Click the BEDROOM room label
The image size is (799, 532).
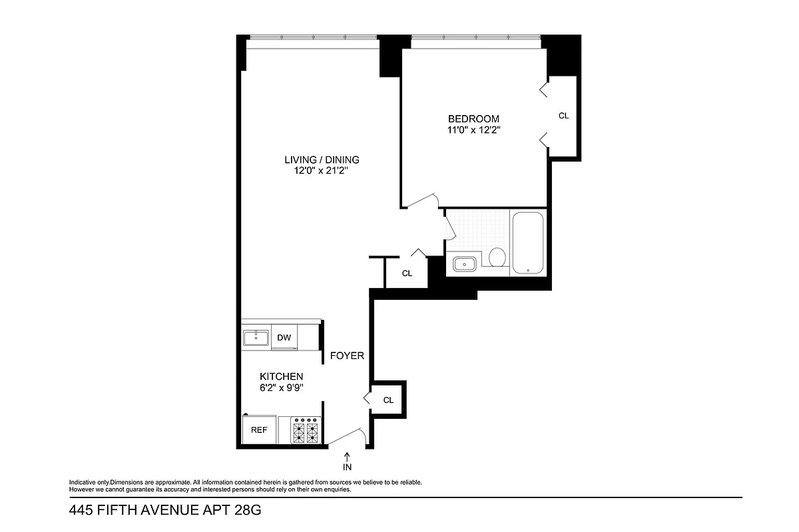[473, 119]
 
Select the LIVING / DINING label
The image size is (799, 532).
[322, 160]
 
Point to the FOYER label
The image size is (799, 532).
[348, 356]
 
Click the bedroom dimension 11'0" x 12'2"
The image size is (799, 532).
[473, 130]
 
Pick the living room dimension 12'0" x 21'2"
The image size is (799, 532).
[322, 171]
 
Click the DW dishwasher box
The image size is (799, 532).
[284, 338]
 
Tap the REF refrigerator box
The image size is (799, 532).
[259, 430]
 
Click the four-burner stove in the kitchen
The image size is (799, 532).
[306, 430]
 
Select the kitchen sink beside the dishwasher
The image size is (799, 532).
[256, 338]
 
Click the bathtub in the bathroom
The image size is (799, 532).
[527, 243]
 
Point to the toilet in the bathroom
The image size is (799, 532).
[497, 257]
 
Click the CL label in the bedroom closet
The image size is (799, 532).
[563, 116]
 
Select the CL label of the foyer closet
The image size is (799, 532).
[388, 400]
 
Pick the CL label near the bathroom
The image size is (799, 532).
[407, 273]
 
